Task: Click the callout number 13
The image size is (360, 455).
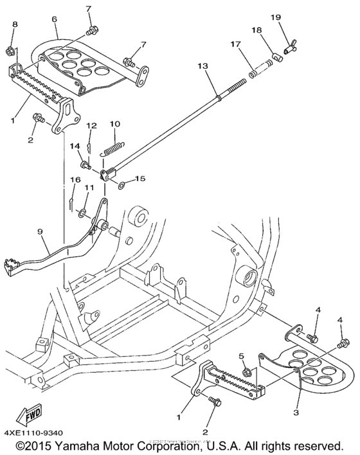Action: tap(203, 67)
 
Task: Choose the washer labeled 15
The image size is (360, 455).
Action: tap(122, 186)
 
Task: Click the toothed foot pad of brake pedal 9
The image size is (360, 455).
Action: tap(13, 264)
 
